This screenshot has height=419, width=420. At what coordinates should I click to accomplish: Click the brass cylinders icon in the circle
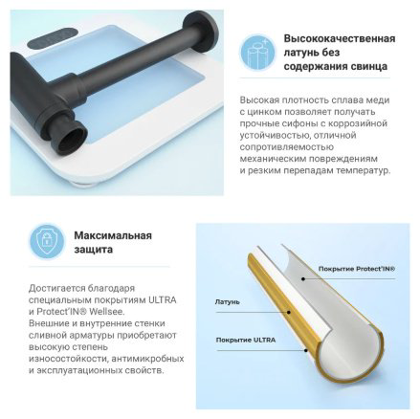256,52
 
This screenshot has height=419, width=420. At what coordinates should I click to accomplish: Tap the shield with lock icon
47,241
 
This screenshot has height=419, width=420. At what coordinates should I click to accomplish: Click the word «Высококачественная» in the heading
340,38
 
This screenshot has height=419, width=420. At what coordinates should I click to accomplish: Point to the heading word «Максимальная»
113,235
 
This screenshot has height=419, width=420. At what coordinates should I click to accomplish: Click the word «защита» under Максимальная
94,250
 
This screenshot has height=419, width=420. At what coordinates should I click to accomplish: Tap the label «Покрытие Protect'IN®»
357,269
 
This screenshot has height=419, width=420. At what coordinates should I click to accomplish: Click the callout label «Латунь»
227,301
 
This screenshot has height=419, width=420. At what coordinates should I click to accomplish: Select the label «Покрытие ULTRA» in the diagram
246,340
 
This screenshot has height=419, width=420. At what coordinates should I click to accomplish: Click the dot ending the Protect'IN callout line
303,278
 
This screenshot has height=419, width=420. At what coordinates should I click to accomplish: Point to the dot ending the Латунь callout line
289,312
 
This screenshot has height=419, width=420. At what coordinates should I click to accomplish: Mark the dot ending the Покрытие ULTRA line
305,350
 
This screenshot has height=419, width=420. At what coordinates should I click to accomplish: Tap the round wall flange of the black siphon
201,32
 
